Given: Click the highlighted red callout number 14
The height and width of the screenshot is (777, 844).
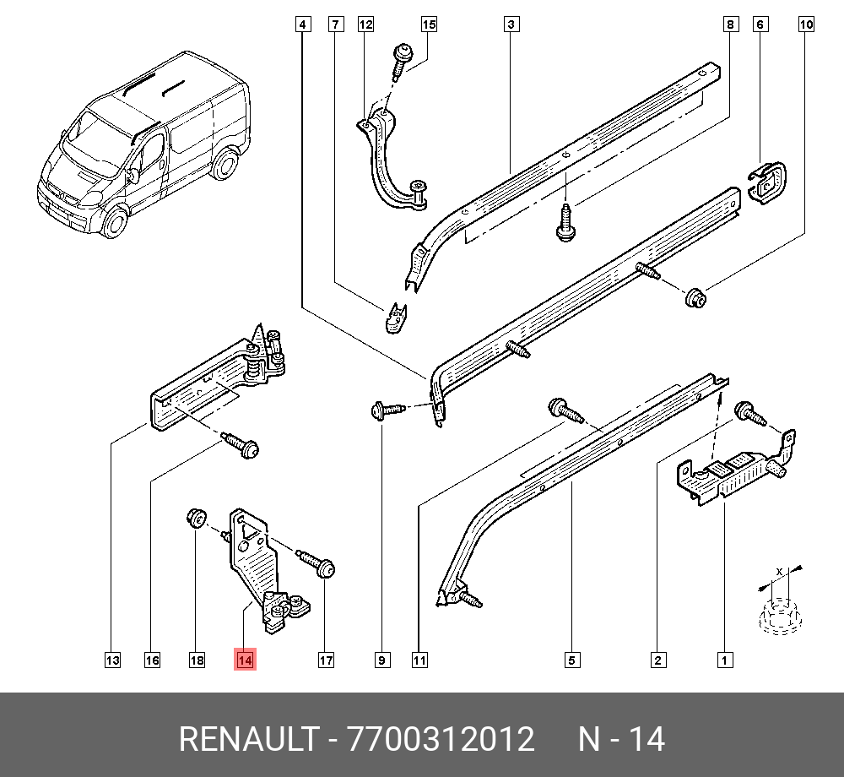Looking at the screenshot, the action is coord(245,660).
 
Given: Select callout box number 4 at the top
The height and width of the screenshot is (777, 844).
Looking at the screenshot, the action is coord(303,24).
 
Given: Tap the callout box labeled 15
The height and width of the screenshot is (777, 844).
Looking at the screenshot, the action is coord(429,24).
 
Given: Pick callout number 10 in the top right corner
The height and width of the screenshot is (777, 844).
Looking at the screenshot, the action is coord(806,24).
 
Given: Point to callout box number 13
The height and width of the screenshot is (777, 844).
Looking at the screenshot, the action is coord(112,660).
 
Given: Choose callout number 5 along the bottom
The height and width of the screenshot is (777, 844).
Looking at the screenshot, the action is coord(572,660).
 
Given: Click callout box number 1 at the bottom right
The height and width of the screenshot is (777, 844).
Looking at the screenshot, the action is coord(724,660).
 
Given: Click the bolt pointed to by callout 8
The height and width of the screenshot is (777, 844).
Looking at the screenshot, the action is coord(565,222).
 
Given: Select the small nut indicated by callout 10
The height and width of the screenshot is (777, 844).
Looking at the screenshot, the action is coord(695,297).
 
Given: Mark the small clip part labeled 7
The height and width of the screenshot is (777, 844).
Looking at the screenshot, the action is coord(396,318).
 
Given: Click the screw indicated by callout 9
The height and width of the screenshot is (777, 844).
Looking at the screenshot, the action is coord(387,410).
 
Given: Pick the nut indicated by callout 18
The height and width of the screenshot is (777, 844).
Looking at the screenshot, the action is coord(197,519).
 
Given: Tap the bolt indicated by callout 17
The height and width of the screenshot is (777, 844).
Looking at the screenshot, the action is coord(317,563).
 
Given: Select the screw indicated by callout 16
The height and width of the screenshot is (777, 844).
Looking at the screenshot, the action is coord(241,445).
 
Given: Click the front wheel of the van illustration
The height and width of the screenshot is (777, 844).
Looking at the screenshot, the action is coord(115,220).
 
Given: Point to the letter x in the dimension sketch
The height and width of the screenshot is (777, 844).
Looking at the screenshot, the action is coord(779,571).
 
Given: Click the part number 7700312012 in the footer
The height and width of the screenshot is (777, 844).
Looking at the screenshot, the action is coord(441,739).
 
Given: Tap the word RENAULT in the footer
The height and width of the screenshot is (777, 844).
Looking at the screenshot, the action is coord(249,739).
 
